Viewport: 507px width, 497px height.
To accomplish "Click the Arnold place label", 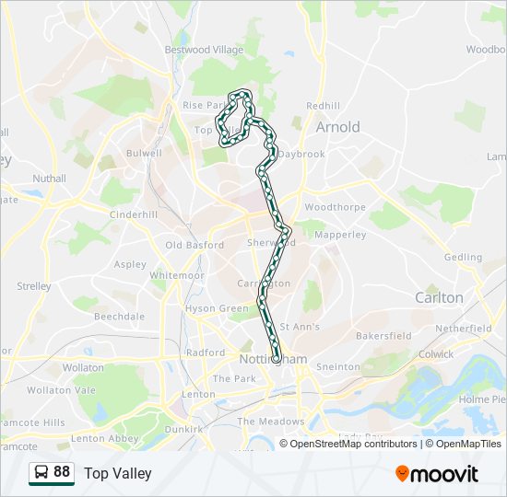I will [337, 127].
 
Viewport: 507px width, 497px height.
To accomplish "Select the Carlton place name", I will [439, 297].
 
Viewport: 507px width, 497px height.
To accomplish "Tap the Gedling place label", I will [462, 258].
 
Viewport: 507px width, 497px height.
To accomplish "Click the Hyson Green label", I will [217, 308].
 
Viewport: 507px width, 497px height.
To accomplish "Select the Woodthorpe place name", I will [335, 208].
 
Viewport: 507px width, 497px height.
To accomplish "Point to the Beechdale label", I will [119, 316].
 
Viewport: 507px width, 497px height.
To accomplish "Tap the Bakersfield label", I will [383, 336].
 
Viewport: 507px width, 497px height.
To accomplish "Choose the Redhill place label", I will [324, 107].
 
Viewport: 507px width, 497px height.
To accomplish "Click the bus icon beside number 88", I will [41, 473].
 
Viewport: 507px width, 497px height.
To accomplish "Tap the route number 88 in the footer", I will [62, 472].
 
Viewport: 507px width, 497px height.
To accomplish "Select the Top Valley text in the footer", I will [118, 474].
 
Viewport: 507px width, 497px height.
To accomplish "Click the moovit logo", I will [437, 474].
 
